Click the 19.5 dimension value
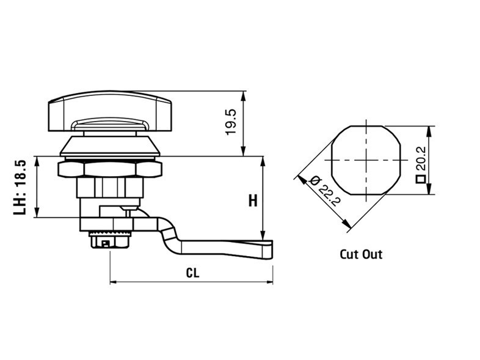click(231, 122)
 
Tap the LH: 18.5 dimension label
click(20, 186)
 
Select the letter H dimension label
click(253, 201)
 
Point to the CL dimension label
click(192, 273)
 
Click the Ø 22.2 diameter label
click(325, 191)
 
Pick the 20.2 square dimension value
click(421, 158)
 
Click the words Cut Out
click(362, 254)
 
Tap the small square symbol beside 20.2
click(421, 179)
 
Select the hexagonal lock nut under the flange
click(110, 169)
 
